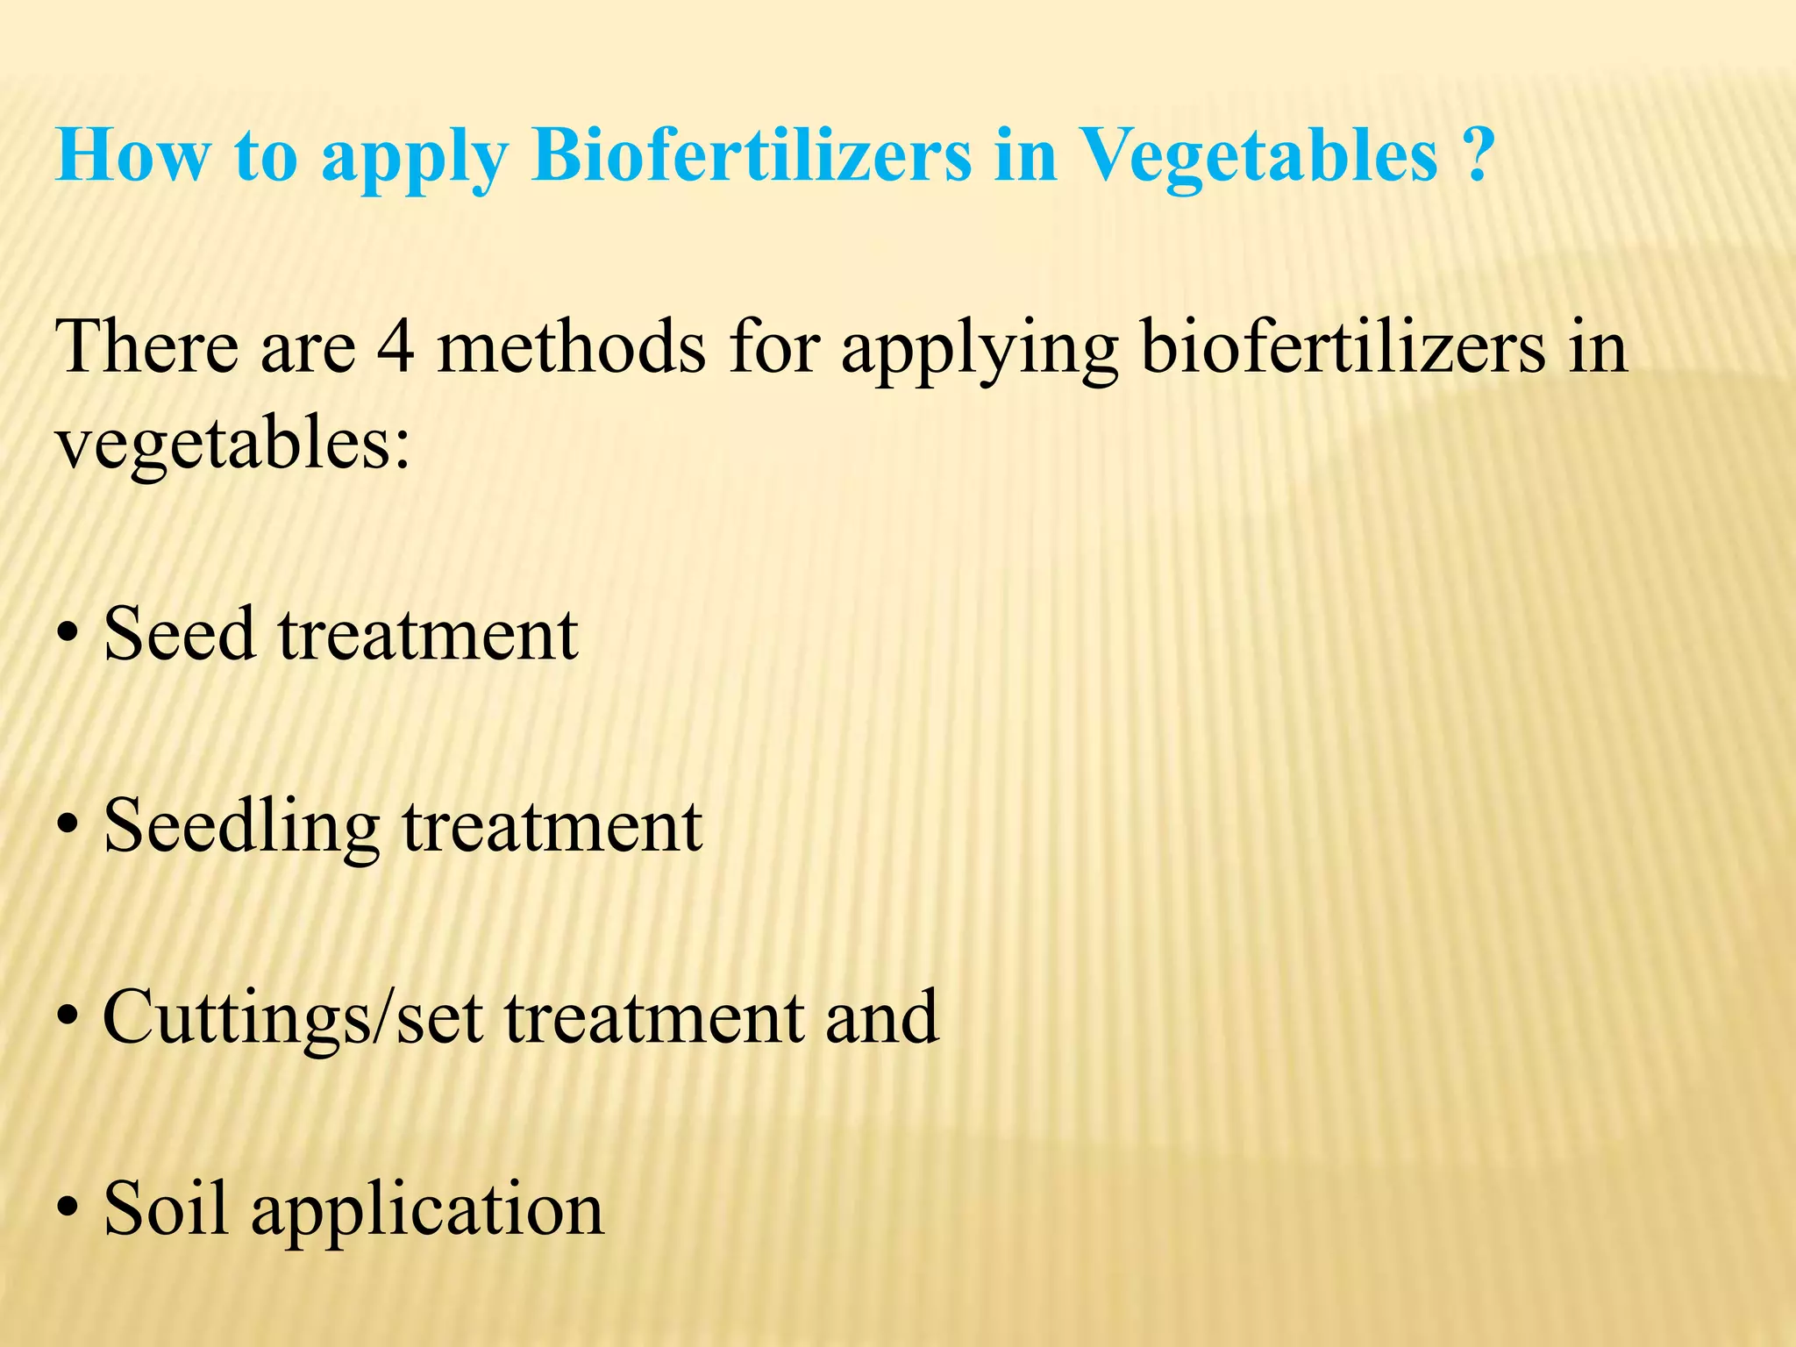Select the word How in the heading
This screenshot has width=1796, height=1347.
point(132,156)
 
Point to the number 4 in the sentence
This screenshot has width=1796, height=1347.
point(396,347)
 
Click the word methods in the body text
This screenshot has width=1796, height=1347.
point(571,347)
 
